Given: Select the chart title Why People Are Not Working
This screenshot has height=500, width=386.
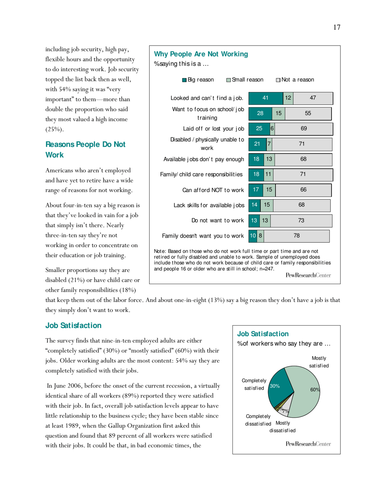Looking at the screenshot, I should coord(201,54).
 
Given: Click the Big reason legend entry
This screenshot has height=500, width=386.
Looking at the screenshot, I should coord(198,80).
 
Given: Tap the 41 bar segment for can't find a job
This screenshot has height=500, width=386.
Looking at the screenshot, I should coord(266,98).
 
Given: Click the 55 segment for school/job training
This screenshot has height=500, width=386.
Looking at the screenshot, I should coord(308,113).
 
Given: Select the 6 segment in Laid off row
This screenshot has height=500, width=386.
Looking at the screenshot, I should coord(272,129).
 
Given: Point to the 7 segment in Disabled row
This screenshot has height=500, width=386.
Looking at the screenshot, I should coord(269,144).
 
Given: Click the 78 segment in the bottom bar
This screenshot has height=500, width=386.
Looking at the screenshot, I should coord(297,235).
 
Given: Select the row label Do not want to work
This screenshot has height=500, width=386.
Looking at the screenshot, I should coord(217,220).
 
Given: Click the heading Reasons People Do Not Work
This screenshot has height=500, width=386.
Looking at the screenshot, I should coord(85,149).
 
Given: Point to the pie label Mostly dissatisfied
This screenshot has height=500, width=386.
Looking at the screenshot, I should coord(282,427).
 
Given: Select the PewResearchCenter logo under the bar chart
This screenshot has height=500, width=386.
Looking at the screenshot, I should coord(308,275).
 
